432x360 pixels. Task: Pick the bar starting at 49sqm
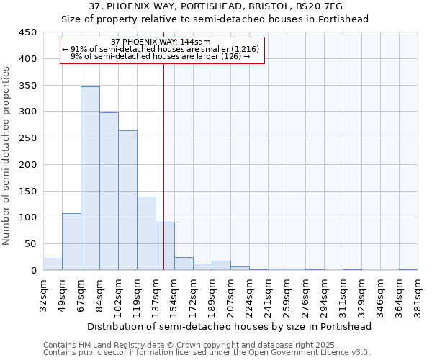[x=71, y=242]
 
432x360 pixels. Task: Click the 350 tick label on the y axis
[x=28, y=86]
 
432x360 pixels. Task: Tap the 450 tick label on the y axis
[x=28, y=32]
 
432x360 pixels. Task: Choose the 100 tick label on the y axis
[x=28, y=217]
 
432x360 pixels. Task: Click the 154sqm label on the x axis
[x=175, y=295]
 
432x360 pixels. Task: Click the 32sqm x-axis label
[x=44, y=295]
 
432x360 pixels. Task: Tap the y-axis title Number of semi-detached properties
[x=7, y=156]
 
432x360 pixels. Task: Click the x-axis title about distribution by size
[x=230, y=326]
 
